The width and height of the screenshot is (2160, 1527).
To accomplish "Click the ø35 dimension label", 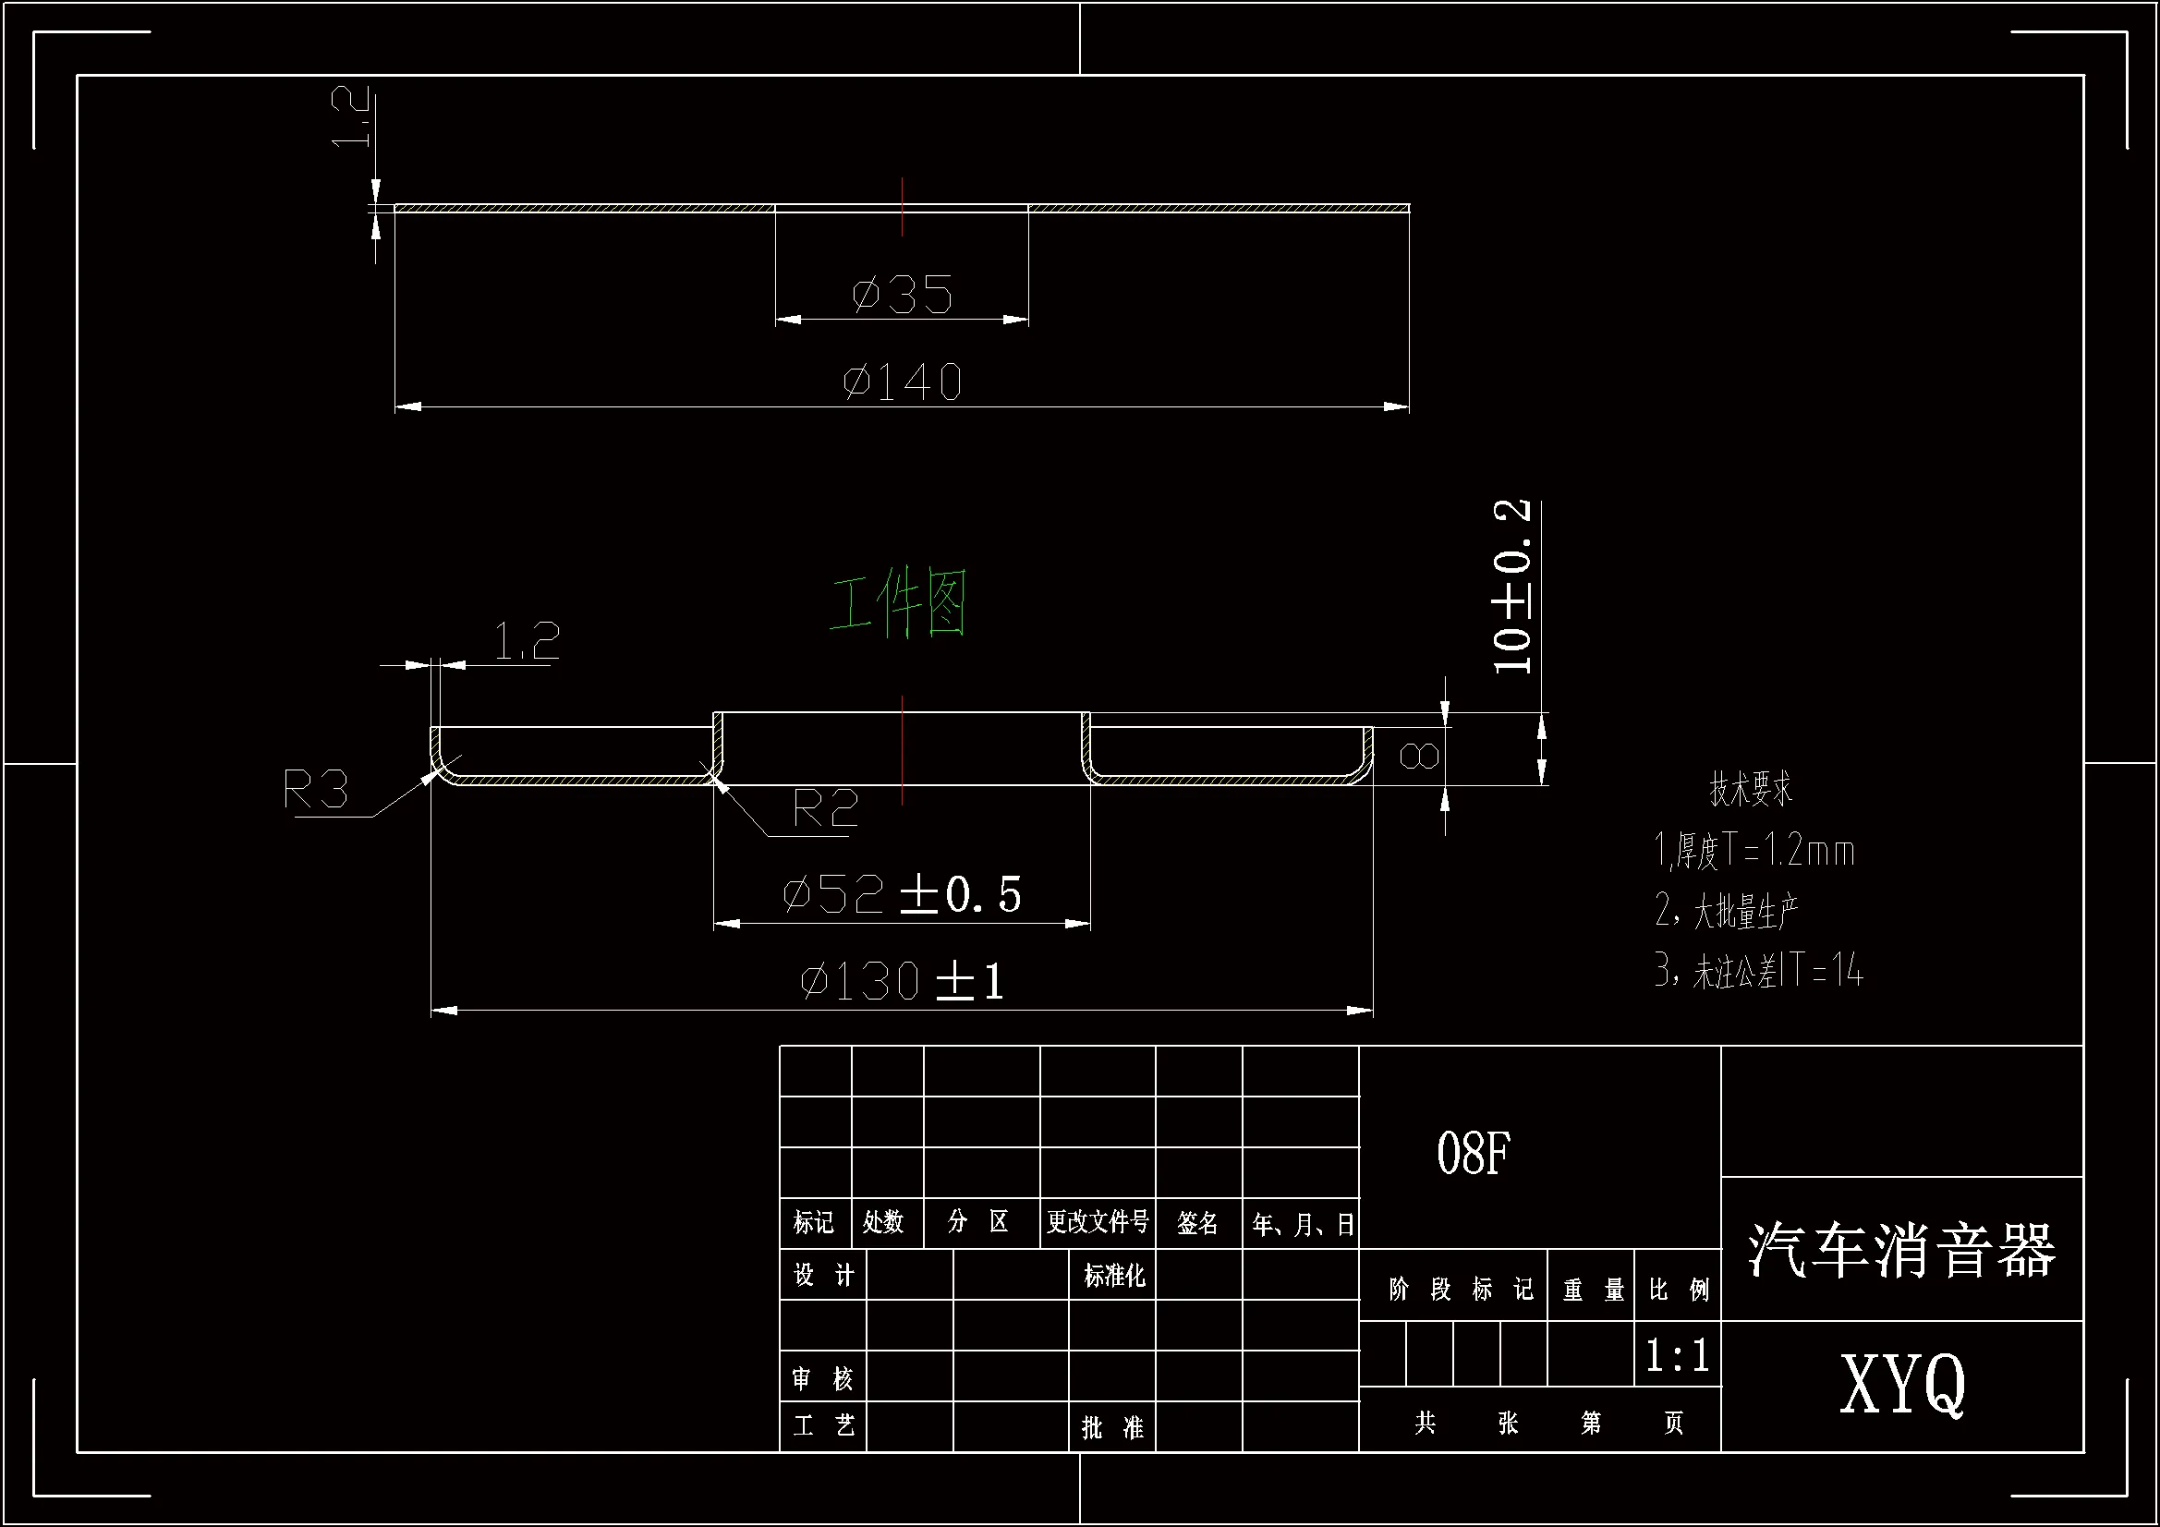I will point(903,296).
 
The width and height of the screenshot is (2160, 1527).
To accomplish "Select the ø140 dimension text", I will point(903,383).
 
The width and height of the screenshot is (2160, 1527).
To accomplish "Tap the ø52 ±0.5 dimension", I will point(903,894).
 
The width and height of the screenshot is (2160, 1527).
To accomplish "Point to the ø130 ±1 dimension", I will point(903,981).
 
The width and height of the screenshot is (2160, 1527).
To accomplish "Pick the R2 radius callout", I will point(825,808).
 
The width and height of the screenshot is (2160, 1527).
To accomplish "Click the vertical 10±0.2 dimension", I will point(1511,588).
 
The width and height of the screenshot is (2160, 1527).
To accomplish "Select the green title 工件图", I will point(898,602).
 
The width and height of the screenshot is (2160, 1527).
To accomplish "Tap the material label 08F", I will point(1474,1154).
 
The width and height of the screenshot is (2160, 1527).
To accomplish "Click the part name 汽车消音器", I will point(1901,1252).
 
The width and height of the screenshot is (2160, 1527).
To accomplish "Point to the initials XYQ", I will point(1901,1383).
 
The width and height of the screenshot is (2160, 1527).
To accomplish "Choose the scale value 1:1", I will point(1678,1355).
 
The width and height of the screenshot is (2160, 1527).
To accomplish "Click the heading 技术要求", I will point(1751,788).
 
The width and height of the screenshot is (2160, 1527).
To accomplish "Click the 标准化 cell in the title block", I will point(1114,1276).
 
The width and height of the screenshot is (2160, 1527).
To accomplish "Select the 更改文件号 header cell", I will point(1098,1222).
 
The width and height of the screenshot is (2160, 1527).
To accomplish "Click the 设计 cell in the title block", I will point(823,1276).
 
